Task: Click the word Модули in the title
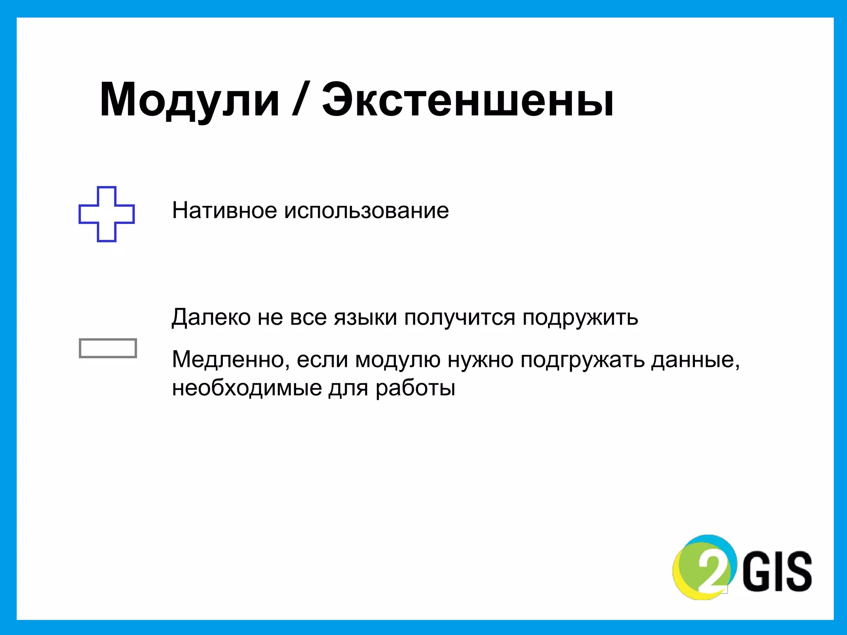(189, 100)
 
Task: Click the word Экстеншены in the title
(468, 100)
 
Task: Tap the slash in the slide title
(299, 100)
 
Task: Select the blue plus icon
(107, 214)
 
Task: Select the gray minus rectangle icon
(108, 348)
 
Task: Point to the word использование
(366, 210)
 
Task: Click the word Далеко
(211, 318)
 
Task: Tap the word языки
(366, 318)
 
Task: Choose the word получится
(459, 318)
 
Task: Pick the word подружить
(580, 318)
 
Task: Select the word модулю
(398, 360)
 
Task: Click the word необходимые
(247, 388)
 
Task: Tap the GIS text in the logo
(778, 571)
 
